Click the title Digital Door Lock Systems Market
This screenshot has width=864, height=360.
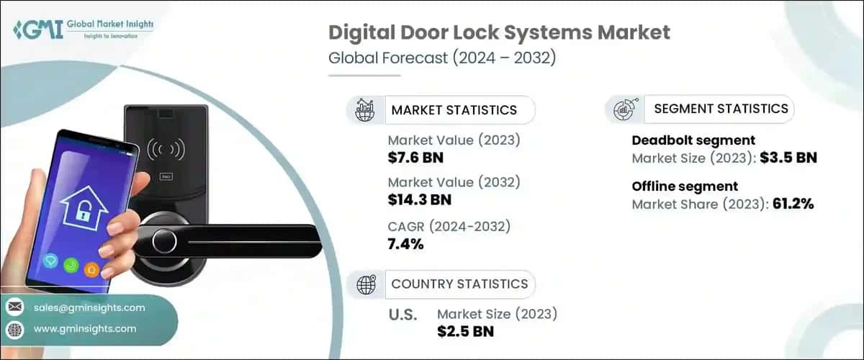pos(499,32)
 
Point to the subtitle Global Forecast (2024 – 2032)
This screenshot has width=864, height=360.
pos(441,58)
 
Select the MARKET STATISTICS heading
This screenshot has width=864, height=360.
pos(454,110)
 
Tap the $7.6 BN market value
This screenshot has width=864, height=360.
pos(415,156)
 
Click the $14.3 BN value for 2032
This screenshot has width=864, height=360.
pos(420,199)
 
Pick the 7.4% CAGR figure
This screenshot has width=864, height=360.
pos(405,244)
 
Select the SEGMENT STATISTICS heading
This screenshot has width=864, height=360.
pos(721,109)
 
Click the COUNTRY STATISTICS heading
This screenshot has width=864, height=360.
pos(459,284)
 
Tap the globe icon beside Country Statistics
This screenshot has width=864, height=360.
pos(366,284)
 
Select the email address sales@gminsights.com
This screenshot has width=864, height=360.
pos(89,307)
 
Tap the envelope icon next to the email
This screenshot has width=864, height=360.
pos(15,307)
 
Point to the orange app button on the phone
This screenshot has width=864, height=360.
pos(91,269)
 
